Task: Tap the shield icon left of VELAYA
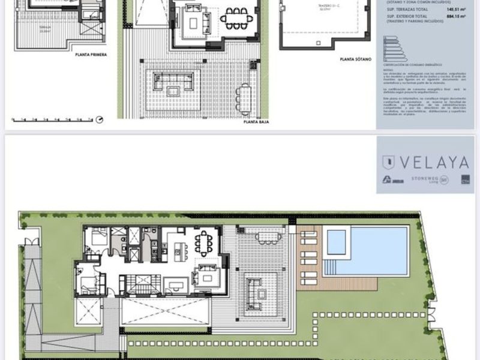(x=389, y=162)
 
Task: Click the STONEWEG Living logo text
(x=424, y=179)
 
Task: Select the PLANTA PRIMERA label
(x=91, y=54)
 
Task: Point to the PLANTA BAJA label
(x=256, y=122)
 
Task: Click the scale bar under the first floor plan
(x=51, y=119)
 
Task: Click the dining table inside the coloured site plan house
(x=203, y=243)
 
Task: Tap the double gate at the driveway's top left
(x=31, y=242)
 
